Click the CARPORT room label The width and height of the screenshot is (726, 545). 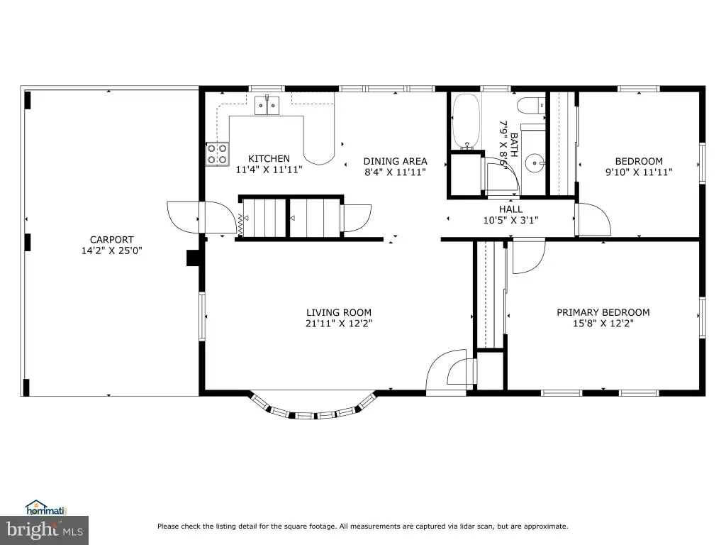(111, 240)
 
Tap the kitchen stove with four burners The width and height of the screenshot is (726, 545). (217, 154)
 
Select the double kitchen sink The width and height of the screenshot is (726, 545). (267, 105)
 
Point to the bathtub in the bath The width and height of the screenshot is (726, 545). (466, 121)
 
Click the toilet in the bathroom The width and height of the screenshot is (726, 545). (530, 106)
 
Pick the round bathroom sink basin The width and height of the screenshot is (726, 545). (535, 163)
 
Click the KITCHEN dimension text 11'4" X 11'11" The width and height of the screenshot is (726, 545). (269, 170)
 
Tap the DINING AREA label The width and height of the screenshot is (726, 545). (396, 161)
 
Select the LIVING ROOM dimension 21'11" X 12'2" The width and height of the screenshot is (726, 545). (339, 323)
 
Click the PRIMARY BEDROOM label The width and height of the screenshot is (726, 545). (603, 312)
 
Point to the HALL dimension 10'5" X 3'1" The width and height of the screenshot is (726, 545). (510, 220)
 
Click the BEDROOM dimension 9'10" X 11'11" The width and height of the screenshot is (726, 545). (639, 172)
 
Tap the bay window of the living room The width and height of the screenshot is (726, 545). (314, 408)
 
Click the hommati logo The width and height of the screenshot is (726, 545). (46, 508)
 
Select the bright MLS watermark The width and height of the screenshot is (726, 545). (45, 530)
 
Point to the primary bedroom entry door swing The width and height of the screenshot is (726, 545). (529, 255)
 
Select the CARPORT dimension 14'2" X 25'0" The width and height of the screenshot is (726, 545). (111, 251)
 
